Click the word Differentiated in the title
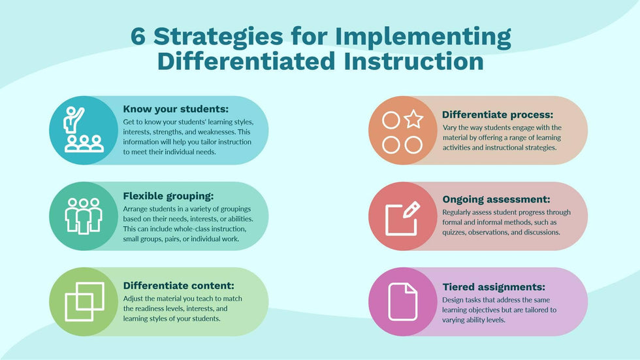(238, 61)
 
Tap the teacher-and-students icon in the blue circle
(84, 130)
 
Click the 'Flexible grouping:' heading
(168, 195)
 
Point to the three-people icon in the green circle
(84, 216)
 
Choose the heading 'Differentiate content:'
(178, 285)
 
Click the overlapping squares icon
(84, 301)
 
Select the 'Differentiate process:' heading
(498, 114)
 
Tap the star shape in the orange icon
(413, 120)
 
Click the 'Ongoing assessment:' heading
(496, 199)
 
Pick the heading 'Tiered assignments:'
(493, 287)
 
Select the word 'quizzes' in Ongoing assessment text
(459, 232)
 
